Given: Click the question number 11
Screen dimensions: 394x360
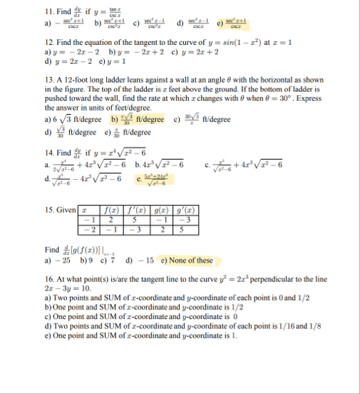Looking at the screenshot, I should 50,12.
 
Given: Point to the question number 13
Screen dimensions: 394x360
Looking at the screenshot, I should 49,86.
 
